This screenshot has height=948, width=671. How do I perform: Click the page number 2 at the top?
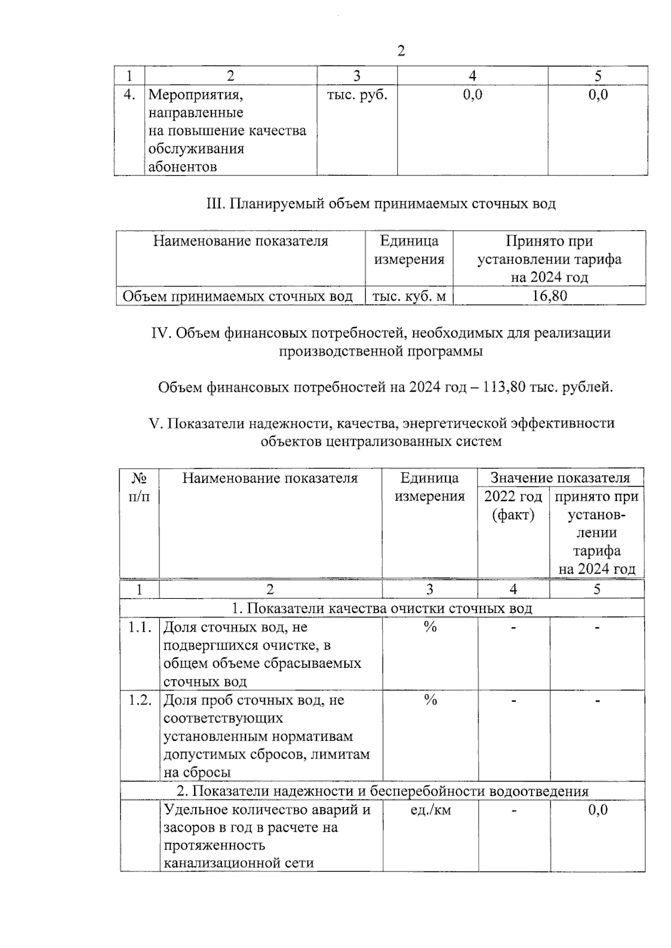click(400, 51)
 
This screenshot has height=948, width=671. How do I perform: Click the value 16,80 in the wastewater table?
click(549, 296)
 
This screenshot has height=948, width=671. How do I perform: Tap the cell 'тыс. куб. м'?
click(409, 296)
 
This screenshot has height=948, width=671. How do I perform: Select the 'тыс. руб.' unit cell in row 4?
click(357, 94)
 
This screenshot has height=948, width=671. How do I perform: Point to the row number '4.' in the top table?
click(129, 94)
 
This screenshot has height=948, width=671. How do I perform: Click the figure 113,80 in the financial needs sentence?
click(504, 387)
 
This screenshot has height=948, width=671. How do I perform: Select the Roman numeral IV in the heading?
click(161, 333)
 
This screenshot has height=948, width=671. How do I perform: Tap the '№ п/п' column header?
click(139, 487)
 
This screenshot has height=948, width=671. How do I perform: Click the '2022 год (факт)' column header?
click(513, 505)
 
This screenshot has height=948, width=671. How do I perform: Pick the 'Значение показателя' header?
click(560, 478)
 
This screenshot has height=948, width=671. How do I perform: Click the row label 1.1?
click(139, 627)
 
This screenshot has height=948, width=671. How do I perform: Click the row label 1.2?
click(139, 700)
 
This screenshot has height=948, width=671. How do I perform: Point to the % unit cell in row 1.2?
click(429, 700)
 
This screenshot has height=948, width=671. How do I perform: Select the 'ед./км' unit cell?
click(429, 809)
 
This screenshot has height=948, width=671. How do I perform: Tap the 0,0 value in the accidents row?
click(597, 809)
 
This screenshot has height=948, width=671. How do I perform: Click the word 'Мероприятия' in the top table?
click(195, 94)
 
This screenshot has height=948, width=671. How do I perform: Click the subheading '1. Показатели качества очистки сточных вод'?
click(382, 608)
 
